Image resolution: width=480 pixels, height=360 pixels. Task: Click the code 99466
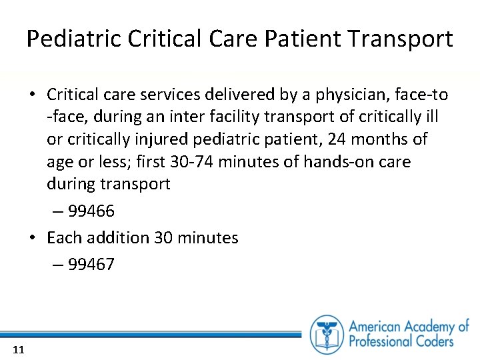point(91,211)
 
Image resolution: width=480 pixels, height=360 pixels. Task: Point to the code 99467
point(91,265)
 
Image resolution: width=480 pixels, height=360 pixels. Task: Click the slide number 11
point(19,349)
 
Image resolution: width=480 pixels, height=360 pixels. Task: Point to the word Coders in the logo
point(431,341)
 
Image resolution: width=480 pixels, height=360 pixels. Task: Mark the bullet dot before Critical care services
point(32,95)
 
